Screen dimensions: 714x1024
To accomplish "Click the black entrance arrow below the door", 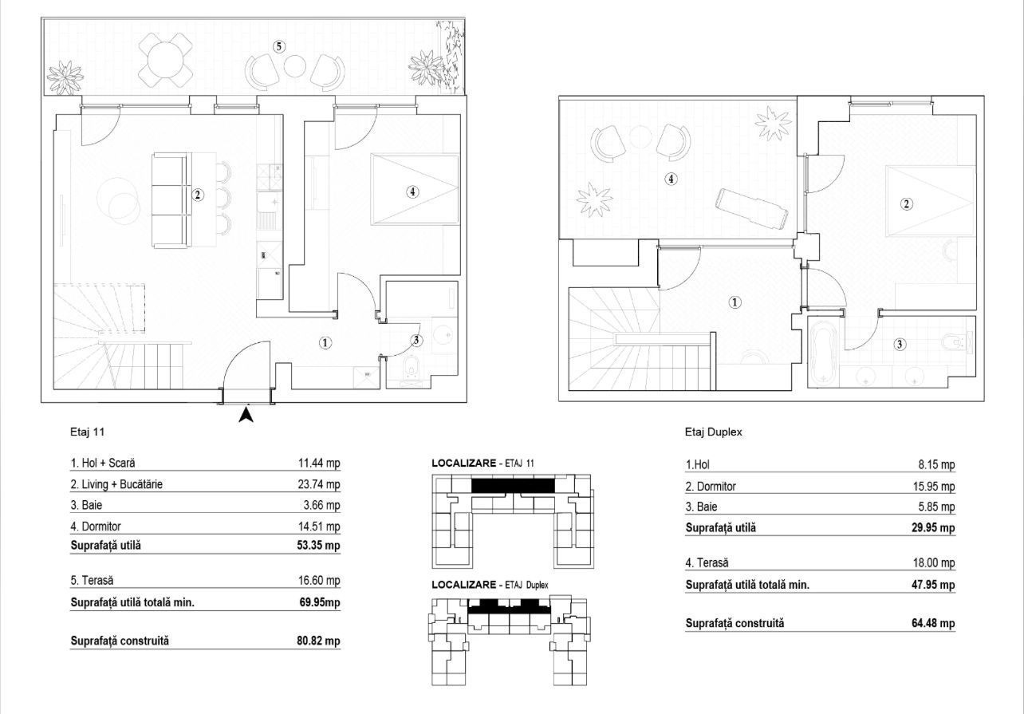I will coord(246,415).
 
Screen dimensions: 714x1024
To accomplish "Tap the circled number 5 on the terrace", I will coord(278,46).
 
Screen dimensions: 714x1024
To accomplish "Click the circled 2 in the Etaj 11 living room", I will coord(198,194).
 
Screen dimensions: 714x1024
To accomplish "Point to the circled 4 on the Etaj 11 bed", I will coord(412,191).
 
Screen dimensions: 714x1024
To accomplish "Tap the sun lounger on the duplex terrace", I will coord(753,207).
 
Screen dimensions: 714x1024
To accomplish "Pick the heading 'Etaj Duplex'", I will coord(713,432).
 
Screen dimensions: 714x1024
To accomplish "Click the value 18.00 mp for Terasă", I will coord(936,563).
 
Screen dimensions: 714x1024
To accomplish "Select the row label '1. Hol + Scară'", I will coord(108,463).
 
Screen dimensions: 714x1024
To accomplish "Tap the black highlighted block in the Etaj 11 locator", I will coord(513,485).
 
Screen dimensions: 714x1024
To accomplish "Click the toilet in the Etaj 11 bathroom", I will coord(412,369).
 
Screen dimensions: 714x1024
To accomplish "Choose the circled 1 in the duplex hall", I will coord(735,302).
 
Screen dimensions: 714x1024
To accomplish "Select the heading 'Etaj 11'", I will coord(88,432).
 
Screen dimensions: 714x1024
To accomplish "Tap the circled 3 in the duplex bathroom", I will coord(900,345).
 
